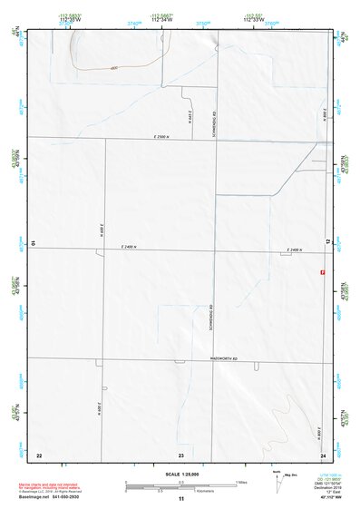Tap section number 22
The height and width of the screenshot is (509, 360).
(x=38, y=454)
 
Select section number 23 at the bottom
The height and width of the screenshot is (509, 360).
(x=180, y=454)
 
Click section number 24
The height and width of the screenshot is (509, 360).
(x=323, y=454)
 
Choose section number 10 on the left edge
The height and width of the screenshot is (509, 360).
(x=34, y=243)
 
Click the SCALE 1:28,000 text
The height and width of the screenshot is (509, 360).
(x=180, y=474)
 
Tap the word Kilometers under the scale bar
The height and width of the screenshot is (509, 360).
(x=180, y=490)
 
